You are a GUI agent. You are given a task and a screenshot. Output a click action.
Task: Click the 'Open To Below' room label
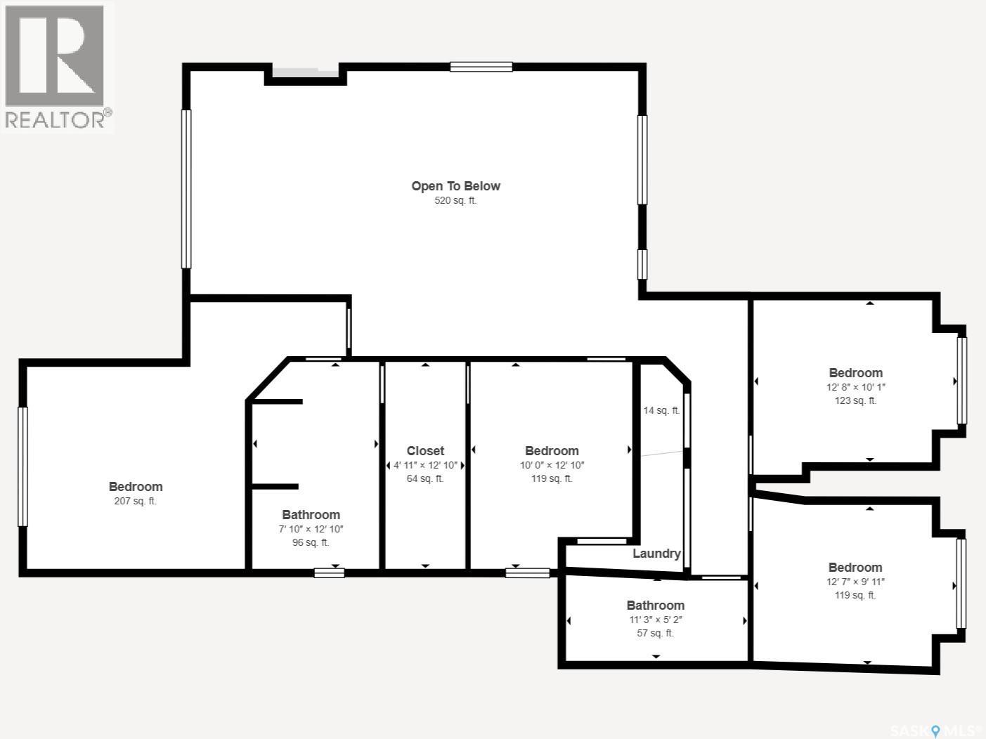455,186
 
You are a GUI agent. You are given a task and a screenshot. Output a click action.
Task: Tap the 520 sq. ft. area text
455,200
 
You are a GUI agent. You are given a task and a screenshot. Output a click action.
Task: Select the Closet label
425,451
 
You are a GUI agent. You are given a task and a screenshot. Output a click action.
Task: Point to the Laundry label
656,554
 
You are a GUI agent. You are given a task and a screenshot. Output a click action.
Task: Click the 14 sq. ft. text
661,410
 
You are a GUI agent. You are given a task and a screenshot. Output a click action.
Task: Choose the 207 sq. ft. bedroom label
135,487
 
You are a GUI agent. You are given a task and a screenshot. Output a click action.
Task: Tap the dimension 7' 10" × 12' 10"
311,529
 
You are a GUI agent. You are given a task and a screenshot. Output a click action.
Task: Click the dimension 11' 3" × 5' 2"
656,620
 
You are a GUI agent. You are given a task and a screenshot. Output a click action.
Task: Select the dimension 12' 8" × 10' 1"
856,387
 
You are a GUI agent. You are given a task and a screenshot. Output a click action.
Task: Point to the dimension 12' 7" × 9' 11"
855,582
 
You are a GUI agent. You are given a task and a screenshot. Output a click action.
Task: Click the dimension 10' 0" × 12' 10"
552,465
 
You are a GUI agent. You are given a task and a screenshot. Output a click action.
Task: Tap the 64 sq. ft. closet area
425,478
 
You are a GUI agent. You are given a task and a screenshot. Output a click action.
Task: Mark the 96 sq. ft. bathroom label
311,542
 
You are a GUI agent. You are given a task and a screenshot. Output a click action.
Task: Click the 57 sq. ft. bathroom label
656,633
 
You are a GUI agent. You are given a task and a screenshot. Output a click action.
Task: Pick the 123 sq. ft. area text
856,400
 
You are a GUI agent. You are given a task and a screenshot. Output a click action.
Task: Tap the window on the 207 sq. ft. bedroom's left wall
22,466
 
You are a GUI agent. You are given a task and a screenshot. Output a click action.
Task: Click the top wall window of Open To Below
481,67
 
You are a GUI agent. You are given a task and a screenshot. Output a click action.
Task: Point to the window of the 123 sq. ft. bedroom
961,381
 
